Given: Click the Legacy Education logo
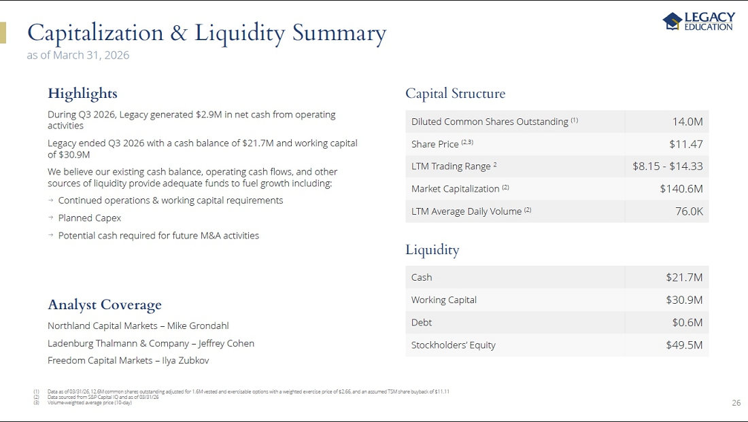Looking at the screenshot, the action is (x=699, y=21).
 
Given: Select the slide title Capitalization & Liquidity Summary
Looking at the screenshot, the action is (x=207, y=33).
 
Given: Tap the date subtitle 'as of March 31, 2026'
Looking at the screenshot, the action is (x=78, y=55).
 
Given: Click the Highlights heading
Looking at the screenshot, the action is (x=82, y=94).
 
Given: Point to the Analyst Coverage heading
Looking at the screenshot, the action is (x=105, y=304).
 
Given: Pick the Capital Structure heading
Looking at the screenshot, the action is (x=455, y=94).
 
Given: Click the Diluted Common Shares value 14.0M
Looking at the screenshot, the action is (x=687, y=122).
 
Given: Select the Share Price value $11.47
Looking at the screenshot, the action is (x=686, y=144).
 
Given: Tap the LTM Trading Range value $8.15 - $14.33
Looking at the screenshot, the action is (x=667, y=166).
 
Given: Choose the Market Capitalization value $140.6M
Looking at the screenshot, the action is (x=681, y=189).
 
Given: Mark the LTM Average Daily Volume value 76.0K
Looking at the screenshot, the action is (x=689, y=211).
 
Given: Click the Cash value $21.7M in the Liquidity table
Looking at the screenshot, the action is (x=684, y=277).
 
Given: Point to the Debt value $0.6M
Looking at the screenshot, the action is (x=687, y=322).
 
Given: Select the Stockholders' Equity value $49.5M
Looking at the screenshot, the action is (x=684, y=345).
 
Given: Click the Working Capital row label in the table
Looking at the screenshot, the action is (x=443, y=300).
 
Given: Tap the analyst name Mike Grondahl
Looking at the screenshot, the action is (x=198, y=326).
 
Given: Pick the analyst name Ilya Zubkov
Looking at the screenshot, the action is (x=186, y=360).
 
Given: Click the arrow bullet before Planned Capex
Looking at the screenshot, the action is (x=50, y=217).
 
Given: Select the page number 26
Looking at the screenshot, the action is (x=736, y=403).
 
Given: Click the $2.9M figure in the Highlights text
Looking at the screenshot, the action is (x=209, y=114).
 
